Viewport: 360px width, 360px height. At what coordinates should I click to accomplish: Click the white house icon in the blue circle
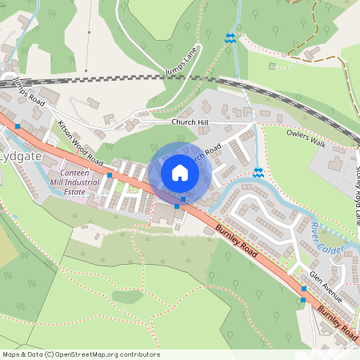point(179,173)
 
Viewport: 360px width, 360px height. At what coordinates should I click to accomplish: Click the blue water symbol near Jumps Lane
point(230,38)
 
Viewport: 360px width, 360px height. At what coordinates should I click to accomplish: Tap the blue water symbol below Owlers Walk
point(258,172)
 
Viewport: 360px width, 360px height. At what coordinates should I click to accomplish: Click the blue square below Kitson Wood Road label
point(109,174)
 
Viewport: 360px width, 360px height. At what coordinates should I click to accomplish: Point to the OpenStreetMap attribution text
point(81,354)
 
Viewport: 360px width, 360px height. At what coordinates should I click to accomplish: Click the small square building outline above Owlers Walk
point(272,65)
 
